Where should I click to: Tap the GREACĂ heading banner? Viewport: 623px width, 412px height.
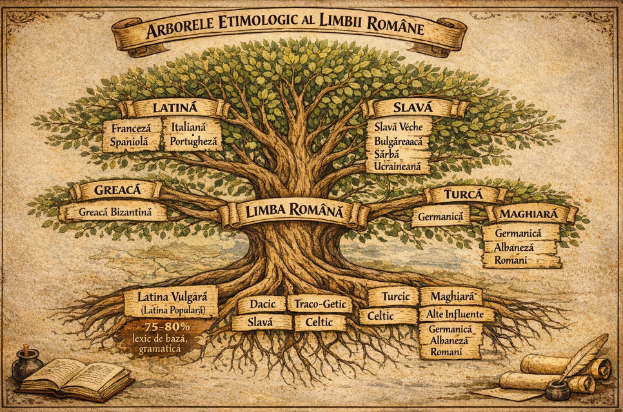click(117, 191)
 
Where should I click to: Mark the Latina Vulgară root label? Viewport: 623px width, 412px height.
click(171, 297)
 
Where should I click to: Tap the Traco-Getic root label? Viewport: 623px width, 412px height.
click(321, 303)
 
